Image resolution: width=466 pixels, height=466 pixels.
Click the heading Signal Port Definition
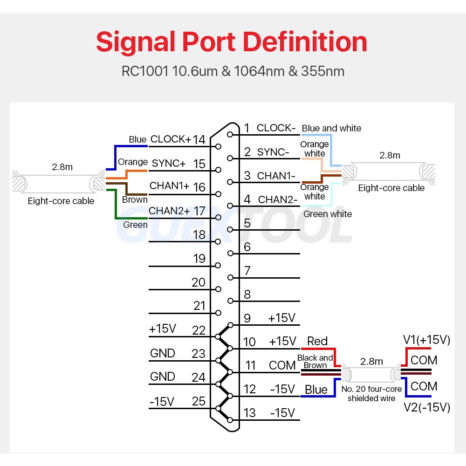pos(232,42)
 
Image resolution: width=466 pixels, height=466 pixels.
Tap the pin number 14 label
pos(199,139)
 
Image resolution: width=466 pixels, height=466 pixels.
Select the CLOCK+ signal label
pos(171,139)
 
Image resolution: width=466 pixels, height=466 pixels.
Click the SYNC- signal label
pos(273,152)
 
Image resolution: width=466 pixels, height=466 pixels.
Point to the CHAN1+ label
pos(169,185)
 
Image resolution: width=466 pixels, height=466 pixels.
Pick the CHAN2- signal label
pos(278,200)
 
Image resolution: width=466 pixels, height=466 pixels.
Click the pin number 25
pos(199,401)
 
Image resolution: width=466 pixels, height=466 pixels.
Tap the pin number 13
pos(250,413)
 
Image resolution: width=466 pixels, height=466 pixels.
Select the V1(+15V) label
pos(426,340)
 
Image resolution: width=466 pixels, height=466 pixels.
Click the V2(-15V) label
pos(426,408)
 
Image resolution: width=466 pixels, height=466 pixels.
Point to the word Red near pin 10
pos(317,342)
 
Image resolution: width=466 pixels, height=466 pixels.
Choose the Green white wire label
pos(328,214)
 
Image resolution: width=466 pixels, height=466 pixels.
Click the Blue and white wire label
pos(331,128)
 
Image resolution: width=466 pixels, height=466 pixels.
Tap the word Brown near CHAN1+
pos(135,199)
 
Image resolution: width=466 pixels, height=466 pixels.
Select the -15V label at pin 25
pos(162,401)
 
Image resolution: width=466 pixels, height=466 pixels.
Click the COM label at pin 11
pos(282,365)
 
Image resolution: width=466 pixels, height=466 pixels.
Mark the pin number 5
pos(247,223)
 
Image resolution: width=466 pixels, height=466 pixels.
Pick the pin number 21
pos(199,306)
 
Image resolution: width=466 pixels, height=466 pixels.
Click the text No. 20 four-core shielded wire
pos(371,393)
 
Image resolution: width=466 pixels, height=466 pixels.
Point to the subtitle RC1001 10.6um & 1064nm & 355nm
pos(233,71)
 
